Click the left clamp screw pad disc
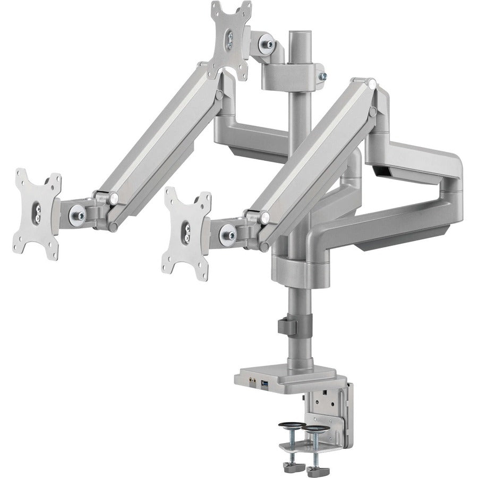click(291, 425)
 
